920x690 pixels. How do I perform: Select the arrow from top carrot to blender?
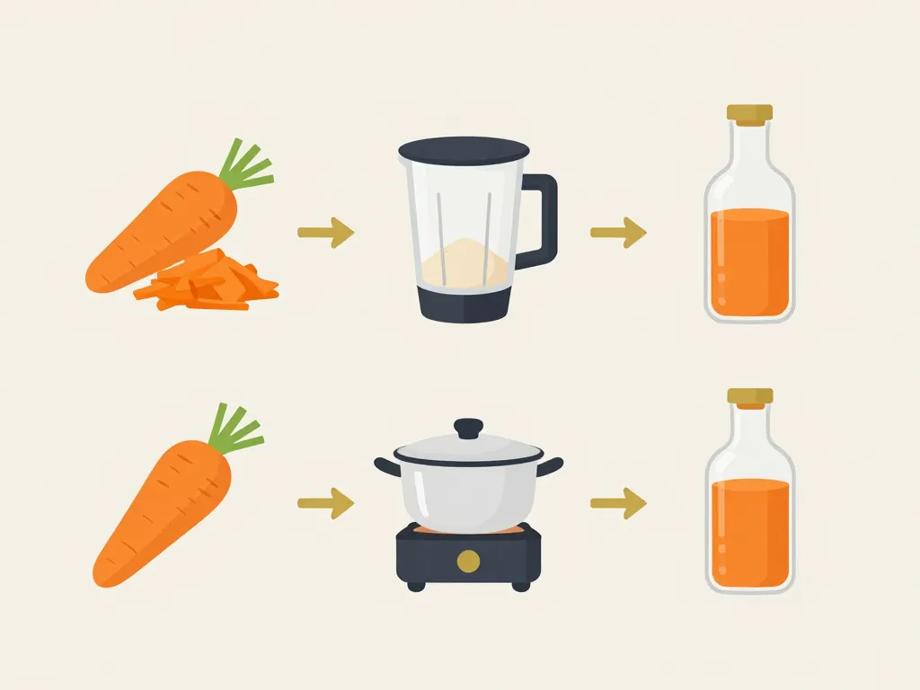[x=325, y=233]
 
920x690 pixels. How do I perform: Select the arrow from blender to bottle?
[x=618, y=233]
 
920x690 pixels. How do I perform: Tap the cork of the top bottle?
[x=749, y=113]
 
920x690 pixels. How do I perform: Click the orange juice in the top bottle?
[x=749, y=262]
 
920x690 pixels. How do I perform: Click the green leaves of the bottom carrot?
[x=235, y=429]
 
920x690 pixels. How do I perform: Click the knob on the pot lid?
[x=468, y=428]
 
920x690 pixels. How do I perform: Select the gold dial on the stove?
[x=468, y=562]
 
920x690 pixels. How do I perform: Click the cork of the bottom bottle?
[x=749, y=395]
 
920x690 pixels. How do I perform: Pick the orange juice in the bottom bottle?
[x=749, y=535]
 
